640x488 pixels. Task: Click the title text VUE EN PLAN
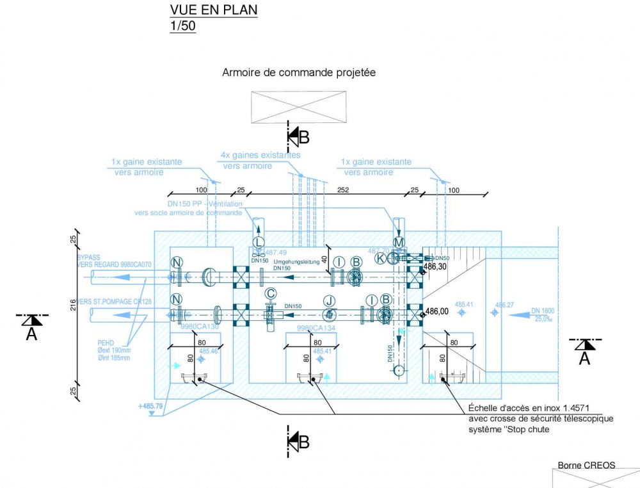coord(213,10)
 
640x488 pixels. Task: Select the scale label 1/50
coord(182,26)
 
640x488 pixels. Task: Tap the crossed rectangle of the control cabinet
coord(298,106)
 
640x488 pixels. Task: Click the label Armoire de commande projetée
coord(298,73)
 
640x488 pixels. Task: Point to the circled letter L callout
coord(259,242)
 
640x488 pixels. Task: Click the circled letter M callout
coord(399,242)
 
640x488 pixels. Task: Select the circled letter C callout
coord(271,293)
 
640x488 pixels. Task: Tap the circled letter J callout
coord(330,300)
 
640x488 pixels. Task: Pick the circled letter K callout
coord(381,258)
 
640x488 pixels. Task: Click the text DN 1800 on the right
coord(542,311)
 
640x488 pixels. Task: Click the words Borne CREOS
coord(586,465)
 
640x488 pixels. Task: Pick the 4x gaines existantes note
coord(260,156)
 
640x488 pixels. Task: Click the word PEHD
coord(106,343)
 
